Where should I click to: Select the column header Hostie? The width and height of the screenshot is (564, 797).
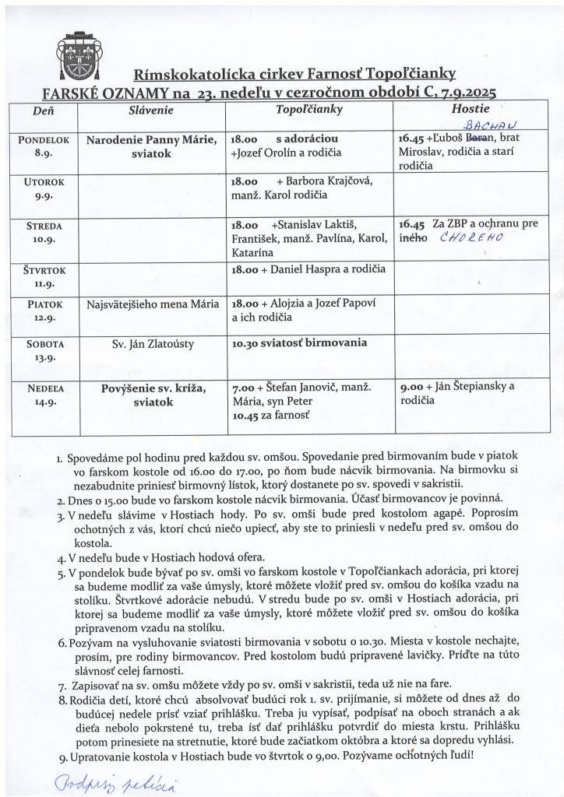coord(470,110)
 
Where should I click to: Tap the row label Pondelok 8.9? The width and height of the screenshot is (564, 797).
coord(44,146)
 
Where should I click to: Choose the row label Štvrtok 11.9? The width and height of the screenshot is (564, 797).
coord(44,278)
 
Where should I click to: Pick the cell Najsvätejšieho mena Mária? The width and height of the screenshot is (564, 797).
coord(153,304)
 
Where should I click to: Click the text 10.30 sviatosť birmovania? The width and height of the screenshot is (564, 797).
coord(299,342)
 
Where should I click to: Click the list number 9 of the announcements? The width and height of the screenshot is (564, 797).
coord(62,757)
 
